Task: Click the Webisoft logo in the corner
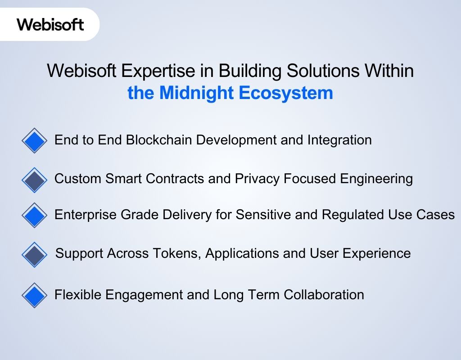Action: [x=50, y=24]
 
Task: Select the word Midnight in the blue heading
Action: [x=197, y=93]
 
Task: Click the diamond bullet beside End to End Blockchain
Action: [x=34, y=141]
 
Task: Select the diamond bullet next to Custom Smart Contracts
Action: [x=34, y=180]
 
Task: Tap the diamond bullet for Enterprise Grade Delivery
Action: [x=34, y=215]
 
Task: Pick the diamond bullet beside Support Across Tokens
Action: [x=34, y=255]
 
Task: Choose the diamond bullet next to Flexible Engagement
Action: [x=34, y=296]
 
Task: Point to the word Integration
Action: [x=339, y=140]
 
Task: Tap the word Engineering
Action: [x=376, y=179]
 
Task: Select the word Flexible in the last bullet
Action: [x=78, y=295]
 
